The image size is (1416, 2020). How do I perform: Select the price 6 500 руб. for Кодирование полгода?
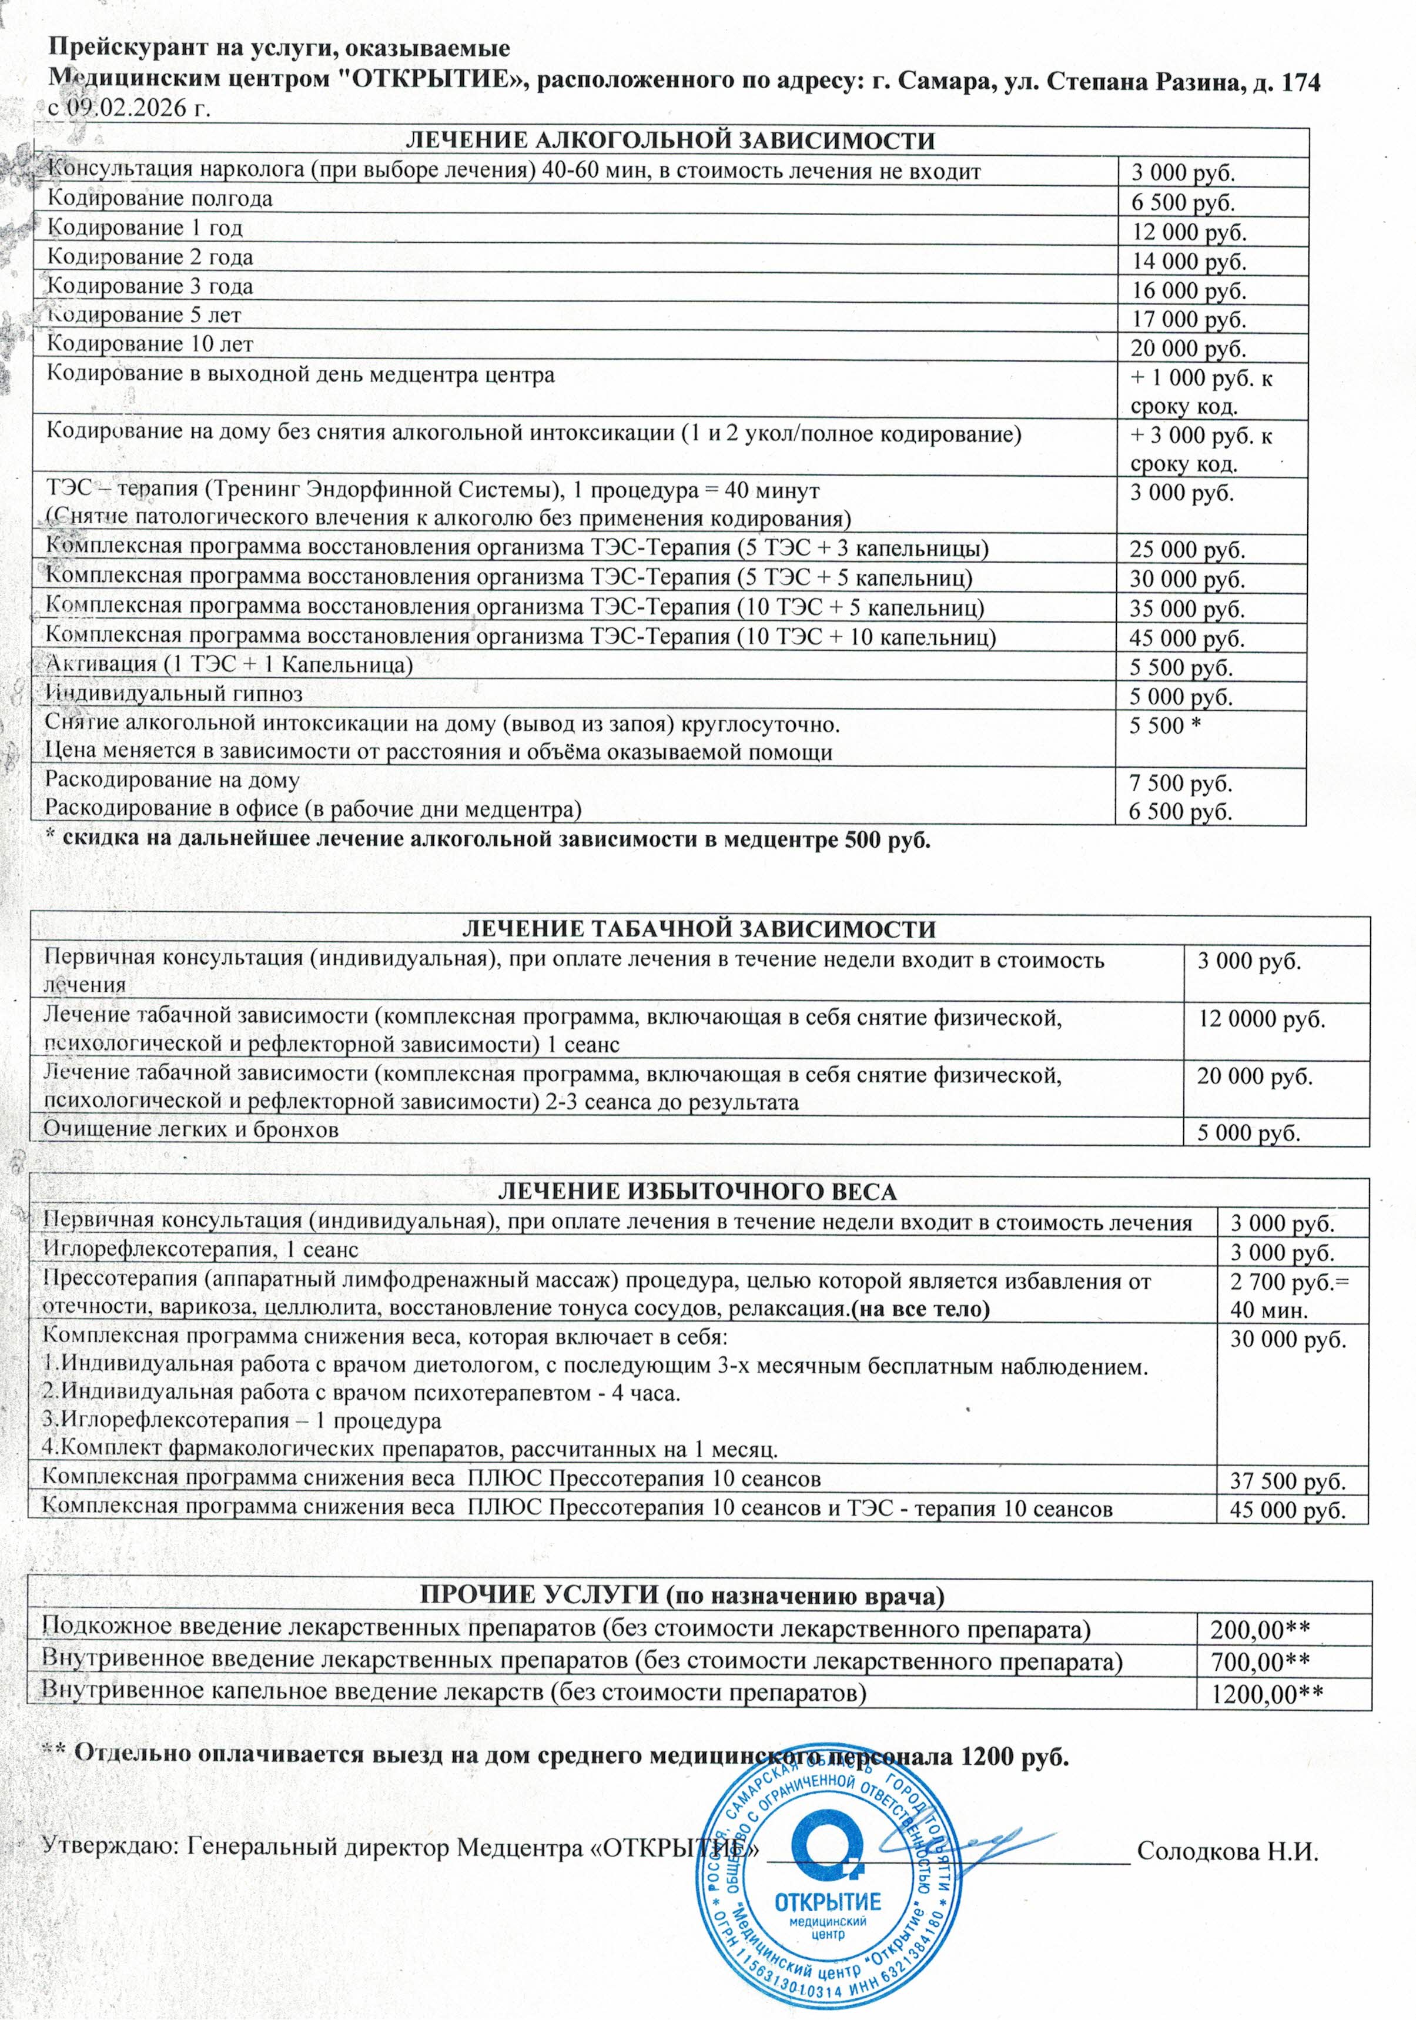(x=1183, y=202)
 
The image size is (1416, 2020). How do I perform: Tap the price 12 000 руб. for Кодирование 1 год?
(x=1188, y=232)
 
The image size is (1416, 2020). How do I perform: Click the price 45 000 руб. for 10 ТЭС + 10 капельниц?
(x=1187, y=638)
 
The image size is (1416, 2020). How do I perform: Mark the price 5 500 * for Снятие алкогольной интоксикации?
(x=1166, y=726)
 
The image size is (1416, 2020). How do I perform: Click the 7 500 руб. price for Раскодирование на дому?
(x=1180, y=783)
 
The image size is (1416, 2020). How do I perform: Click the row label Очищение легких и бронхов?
(x=191, y=1129)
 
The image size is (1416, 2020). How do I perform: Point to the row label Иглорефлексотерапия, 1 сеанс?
(x=200, y=1249)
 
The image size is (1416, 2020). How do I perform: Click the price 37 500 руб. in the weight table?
(x=1288, y=1481)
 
